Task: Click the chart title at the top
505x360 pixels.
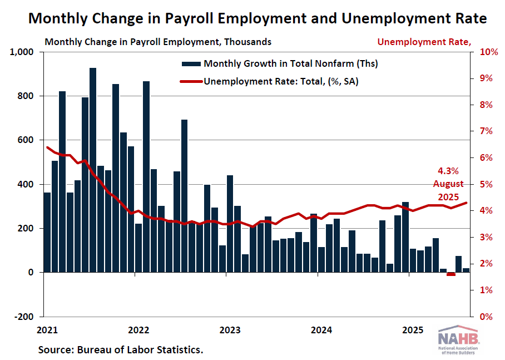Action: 257,19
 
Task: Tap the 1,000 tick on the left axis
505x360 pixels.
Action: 22,52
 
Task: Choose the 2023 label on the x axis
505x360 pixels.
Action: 229,330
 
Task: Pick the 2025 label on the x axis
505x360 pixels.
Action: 412,330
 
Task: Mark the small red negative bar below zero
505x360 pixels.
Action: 450,274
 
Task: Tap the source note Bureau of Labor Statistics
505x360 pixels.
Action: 121,350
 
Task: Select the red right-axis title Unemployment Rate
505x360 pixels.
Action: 424,41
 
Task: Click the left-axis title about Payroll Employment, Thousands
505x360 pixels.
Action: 158,41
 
